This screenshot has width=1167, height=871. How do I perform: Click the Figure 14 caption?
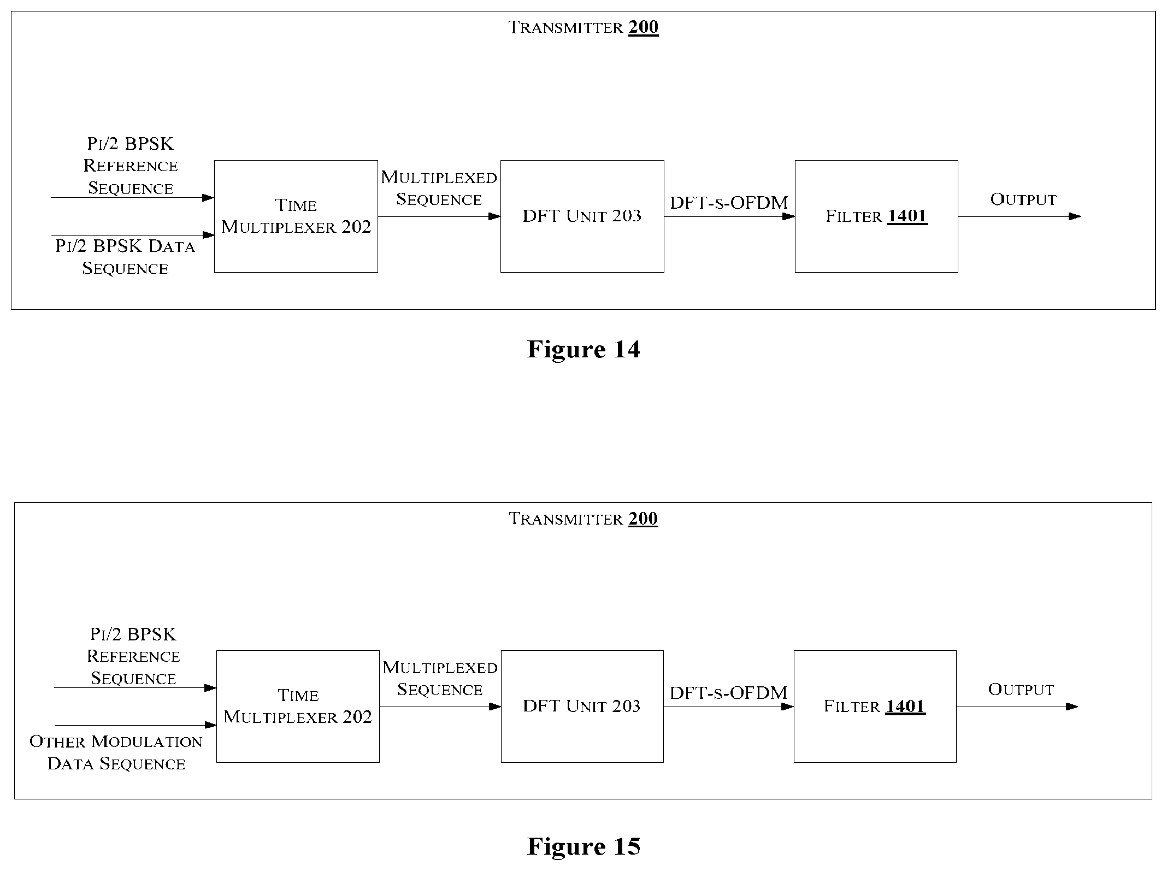[583, 349]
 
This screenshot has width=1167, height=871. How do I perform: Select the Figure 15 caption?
[583, 846]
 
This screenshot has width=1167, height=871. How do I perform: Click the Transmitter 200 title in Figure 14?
[583, 27]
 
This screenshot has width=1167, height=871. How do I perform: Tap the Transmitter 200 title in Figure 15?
[583, 518]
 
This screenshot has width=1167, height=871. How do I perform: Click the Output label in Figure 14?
[1023, 199]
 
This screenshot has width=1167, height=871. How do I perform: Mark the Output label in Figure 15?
[1021, 690]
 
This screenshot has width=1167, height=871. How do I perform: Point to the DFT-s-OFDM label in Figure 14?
[729, 203]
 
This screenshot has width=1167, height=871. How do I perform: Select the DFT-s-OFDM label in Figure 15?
[729, 693]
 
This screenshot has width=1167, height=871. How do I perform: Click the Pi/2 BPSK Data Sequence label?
[125, 257]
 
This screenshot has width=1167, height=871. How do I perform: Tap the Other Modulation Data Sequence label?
[116, 752]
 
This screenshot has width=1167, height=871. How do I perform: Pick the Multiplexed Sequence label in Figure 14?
[439, 188]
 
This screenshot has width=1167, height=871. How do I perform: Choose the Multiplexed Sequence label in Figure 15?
[440, 678]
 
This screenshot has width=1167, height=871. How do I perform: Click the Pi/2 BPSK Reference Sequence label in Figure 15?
[133, 656]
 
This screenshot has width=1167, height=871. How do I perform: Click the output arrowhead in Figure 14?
[1075, 216]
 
